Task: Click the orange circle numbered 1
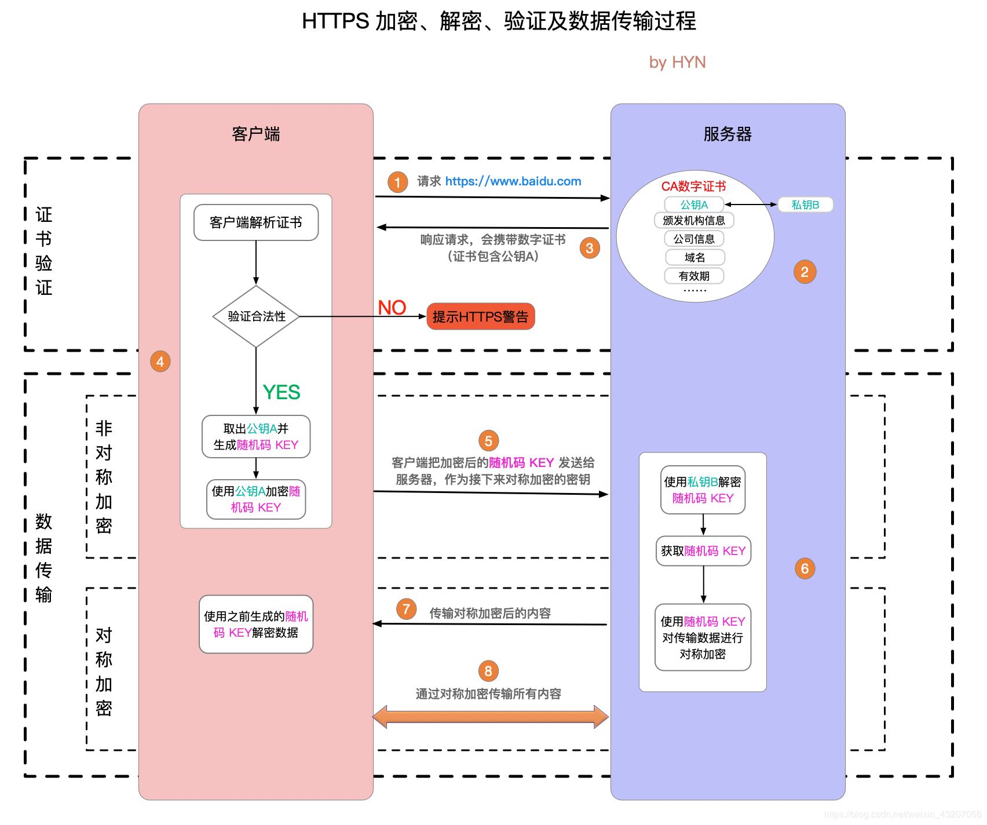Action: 397,182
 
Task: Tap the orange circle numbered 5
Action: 488,441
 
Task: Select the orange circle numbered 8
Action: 488,671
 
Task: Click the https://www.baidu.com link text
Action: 513,181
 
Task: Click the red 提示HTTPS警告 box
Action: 480,317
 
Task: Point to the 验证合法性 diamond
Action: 256,316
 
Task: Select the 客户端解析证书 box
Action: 256,222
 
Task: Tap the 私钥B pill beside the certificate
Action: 805,205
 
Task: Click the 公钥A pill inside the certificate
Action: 694,205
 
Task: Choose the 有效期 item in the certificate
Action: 694,276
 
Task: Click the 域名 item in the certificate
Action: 694,257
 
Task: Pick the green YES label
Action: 282,392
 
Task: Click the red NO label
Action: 392,308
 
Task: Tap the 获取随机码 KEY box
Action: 703,551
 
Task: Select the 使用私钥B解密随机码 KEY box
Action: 703,490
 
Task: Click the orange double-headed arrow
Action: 490,717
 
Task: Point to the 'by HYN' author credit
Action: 677,62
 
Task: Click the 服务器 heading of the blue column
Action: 728,134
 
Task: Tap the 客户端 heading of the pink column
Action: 255,134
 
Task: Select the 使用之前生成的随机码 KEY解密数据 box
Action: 256,625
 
